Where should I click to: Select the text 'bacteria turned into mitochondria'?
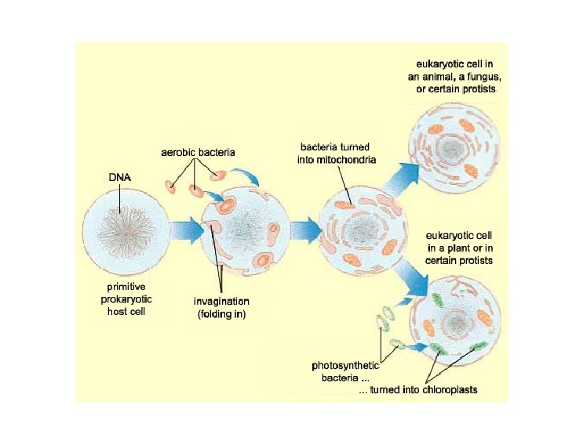tap(338, 153)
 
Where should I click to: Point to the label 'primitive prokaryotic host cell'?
tap(128, 298)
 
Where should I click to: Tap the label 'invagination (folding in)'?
tap(222, 308)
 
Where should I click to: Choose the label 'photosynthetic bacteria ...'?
tap(345, 371)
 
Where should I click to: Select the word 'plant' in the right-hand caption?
tap(465, 247)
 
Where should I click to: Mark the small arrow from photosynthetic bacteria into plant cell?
tap(415, 345)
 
